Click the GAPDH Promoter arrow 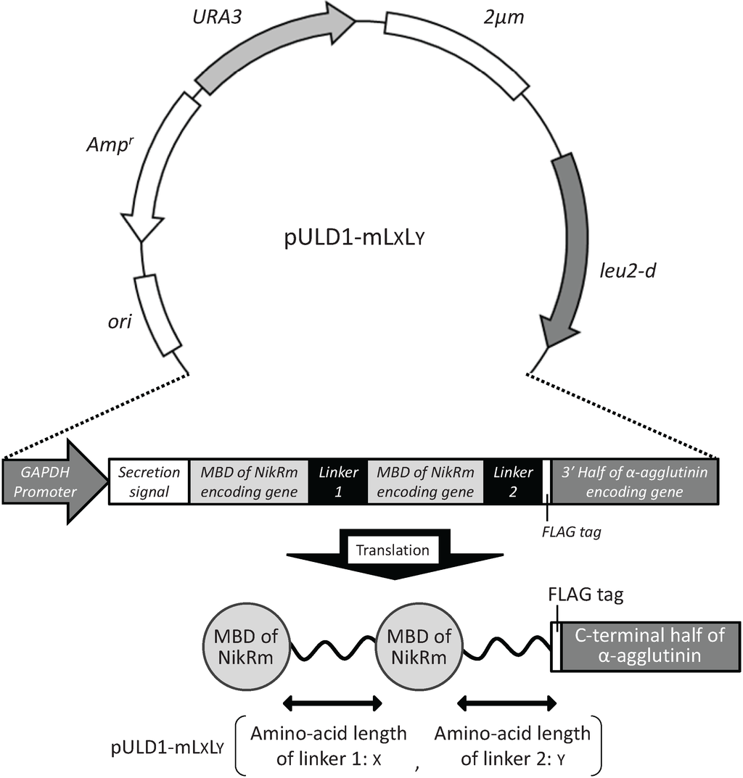(x=51, y=481)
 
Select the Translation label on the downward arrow (x=392, y=550)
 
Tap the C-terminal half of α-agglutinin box (x=649, y=647)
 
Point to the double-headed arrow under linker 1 (x=332, y=702)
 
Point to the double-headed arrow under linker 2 (x=507, y=702)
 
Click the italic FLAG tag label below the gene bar (x=571, y=531)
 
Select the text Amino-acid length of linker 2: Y (x=512, y=745)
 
